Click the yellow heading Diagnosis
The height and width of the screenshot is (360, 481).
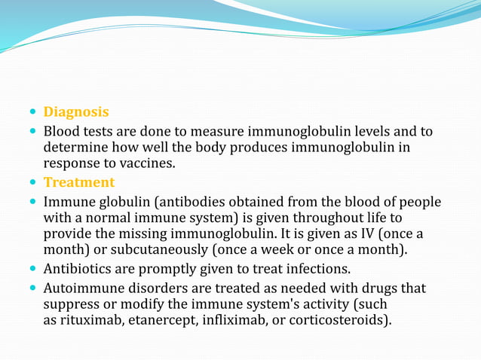[x=76, y=112]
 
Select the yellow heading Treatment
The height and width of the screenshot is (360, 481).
[x=79, y=182]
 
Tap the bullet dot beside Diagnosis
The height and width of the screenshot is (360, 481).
[x=32, y=112]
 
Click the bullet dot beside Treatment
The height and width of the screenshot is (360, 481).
[x=32, y=182]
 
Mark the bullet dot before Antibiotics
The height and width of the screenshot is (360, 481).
[x=32, y=269]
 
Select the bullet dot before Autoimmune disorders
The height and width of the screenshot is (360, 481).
[x=32, y=288]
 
